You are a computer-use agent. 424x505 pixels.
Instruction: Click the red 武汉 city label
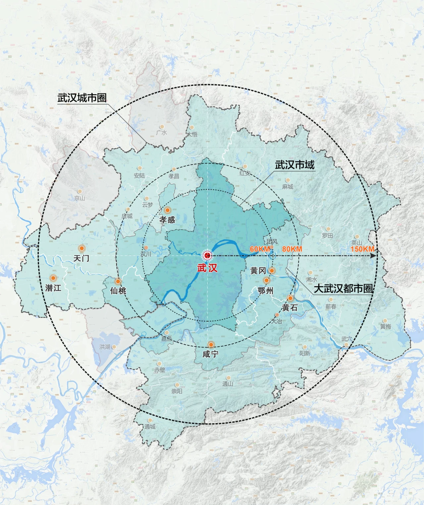tap(207, 268)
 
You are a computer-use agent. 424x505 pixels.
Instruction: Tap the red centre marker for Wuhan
tap(207, 255)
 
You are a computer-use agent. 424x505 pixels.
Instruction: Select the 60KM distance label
tap(259, 249)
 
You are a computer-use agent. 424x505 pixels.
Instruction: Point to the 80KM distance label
tap(292, 249)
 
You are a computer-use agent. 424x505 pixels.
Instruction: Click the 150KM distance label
tap(362, 249)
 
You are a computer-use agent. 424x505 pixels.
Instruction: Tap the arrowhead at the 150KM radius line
tap(374, 256)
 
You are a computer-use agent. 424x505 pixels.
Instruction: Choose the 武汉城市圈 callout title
tap(82, 98)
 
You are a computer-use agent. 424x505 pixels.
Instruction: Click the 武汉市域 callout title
tap(294, 165)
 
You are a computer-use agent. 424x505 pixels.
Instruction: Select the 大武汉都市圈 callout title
tap(343, 288)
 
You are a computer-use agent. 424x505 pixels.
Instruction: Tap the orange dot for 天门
tap(81, 248)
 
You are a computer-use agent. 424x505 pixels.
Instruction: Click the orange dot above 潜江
tap(53, 278)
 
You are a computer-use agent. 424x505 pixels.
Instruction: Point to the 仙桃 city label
tap(118, 291)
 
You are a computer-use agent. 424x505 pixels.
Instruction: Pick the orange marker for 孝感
tap(168, 210)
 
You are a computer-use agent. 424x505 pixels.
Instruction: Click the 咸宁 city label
tap(210, 354)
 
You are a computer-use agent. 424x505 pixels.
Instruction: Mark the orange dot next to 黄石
tap(290, 298)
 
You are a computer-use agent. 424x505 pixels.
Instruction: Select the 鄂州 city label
tap(266, 291)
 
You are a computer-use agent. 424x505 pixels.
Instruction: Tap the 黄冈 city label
tap(258, 271)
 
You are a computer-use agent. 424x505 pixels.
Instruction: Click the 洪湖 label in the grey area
tap(105, 347)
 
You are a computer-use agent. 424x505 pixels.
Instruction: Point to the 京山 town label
tap(79, 198)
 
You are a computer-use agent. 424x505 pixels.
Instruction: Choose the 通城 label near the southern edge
tap(150, 427)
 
